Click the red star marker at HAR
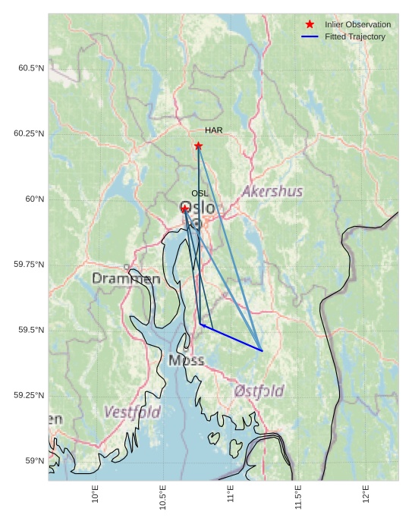[x=198, y=146]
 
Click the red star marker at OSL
[x=185, y=209]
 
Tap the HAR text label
[x=213, y=130]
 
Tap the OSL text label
[x=200, y=193]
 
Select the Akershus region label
[x=272, y=191]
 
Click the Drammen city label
[x=126, y=279]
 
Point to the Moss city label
[x=186, y=360]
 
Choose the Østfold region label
[x=259, y=391]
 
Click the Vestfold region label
[x=132, y=413]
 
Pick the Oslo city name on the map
[x=198, y=208]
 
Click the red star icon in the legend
[x=310, y=24]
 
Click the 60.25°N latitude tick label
[x=29, y=133]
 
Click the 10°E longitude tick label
[x=95, y=494]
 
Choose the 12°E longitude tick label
[x=366, y=494]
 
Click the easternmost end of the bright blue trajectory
[x=262, y=350]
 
